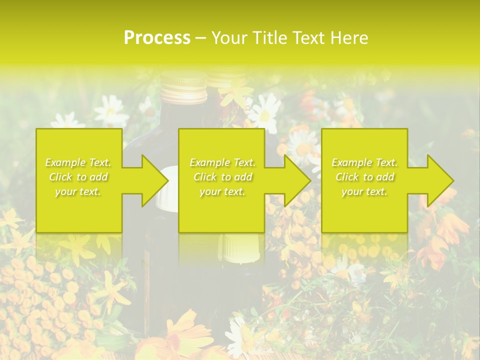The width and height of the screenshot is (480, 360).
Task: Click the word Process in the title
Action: [157, 38]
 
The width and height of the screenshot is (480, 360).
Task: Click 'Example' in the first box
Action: [65, 162]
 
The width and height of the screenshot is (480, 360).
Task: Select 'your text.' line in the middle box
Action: [222, 191]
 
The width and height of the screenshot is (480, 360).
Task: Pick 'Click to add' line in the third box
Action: [364, 177]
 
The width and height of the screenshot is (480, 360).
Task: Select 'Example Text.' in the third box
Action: [364, 162]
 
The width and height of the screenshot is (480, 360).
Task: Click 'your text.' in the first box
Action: [78, 191]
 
